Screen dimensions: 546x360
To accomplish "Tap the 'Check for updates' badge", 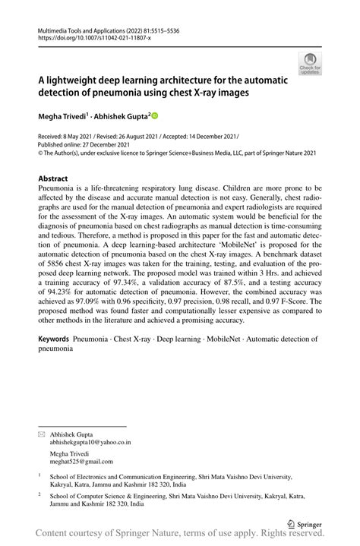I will pyautogui.click(x=310, y=63).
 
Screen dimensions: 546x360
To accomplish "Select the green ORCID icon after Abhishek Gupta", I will pyautogui.click(x=154, y=116).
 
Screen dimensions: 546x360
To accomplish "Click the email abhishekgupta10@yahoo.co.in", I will pyautogui.click(x=90, y=440).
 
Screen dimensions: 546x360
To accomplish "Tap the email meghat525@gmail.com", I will pyautogui.click(x=80, y=462).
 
